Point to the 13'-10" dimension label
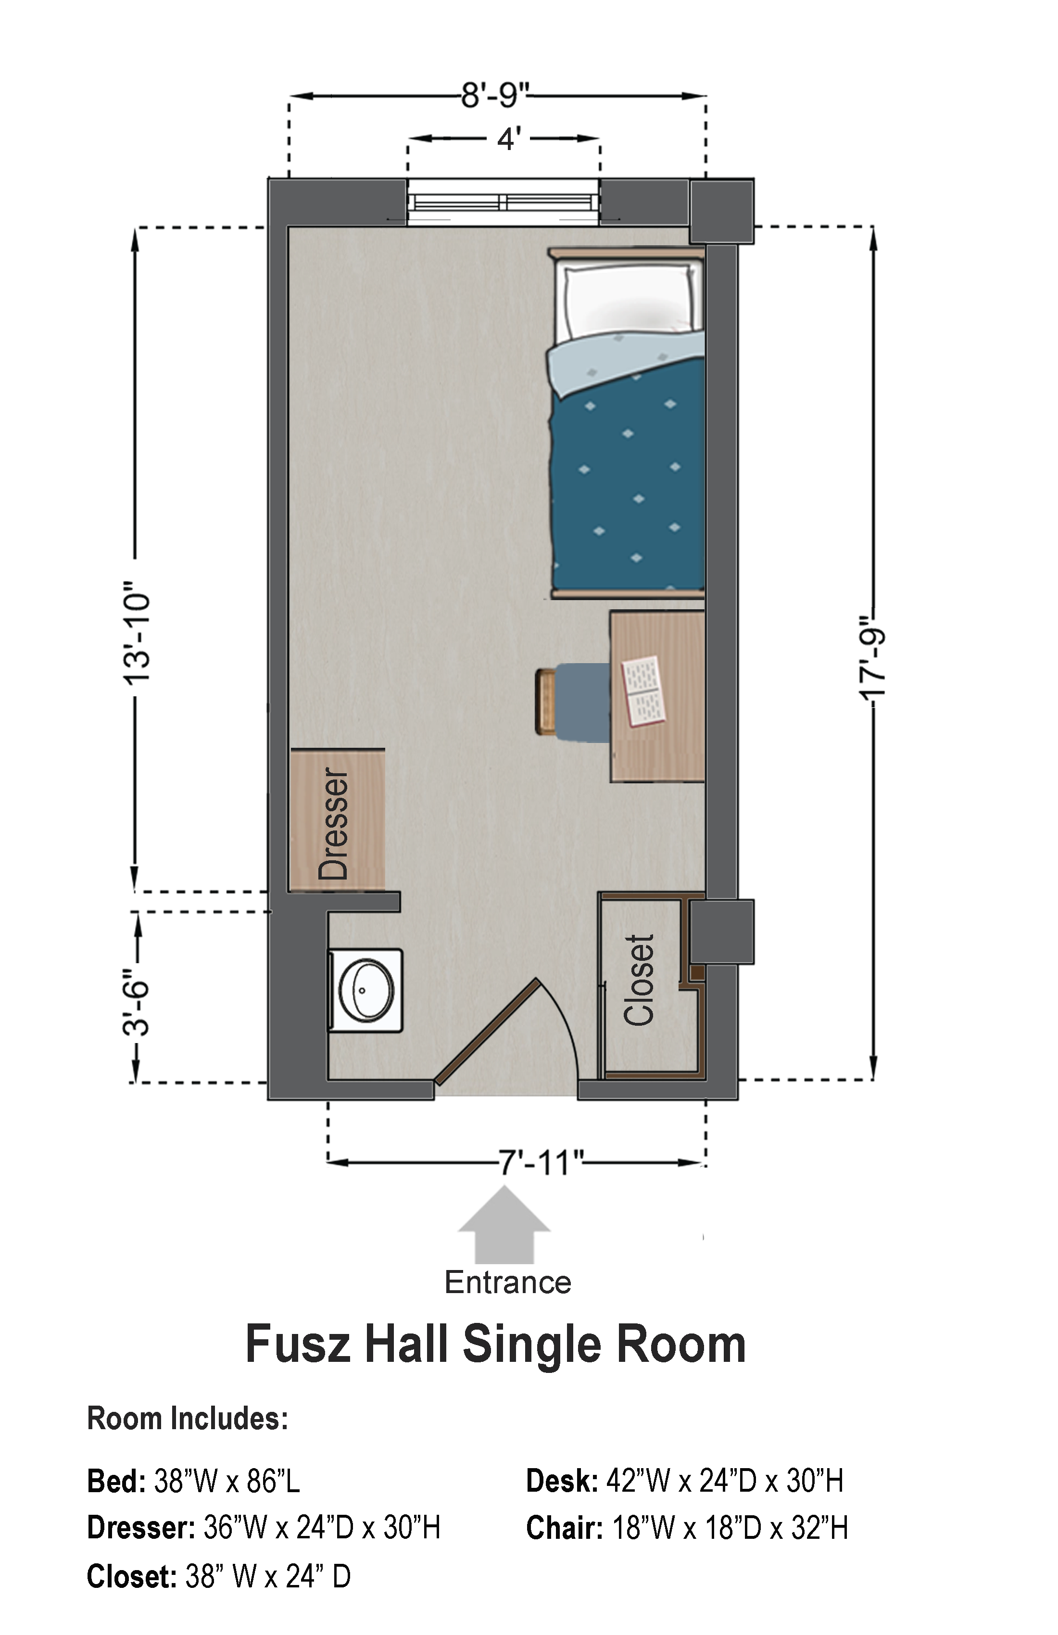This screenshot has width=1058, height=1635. pos(136,632)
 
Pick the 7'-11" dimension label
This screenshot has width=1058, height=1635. pos(541,1163)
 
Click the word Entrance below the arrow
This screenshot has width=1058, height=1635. pos(508,1282)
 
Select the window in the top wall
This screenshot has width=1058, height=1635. pos(504,202)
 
